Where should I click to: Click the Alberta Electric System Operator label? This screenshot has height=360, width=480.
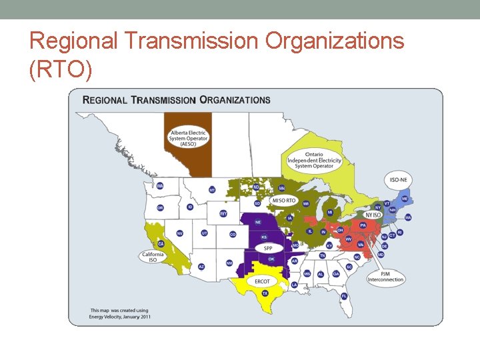pyautogui.click(x=189, y=138)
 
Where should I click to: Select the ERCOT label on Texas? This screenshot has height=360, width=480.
pyautogui.click(x=262, y=281)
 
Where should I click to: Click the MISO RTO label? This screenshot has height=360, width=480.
pyautogui.click(x=283, y=200)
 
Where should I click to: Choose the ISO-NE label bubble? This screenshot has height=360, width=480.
pyautogui.click(x=398, y=179)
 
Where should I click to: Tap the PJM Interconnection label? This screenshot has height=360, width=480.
pyautogui.click(x=385, y=276)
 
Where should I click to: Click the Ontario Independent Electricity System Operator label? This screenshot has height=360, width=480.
pyautogui.click(x=314, y=160)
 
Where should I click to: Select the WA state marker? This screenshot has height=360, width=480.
pyautogui.click(x=160, y=186)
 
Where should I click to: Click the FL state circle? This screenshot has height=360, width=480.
pyautogui.click(x=344, y=296)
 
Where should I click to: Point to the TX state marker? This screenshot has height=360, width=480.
pyautogui.click(x=265, y=293)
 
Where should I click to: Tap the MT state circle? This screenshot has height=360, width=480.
pyautogui.click(x=212, y=190)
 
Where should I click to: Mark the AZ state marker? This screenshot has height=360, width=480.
pyautogui.click(x=201, y=267)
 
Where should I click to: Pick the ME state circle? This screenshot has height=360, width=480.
pyautogui.click(x=409, y=192)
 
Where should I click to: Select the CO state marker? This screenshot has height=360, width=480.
pyautogui.click(x=233, y=235)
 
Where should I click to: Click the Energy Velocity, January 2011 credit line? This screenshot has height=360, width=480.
pyautogui.click(x=121, y=316)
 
